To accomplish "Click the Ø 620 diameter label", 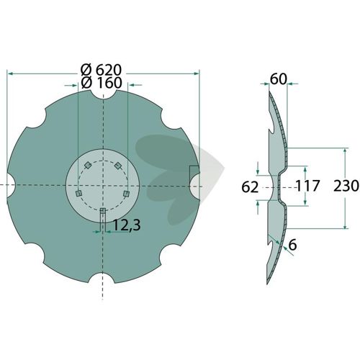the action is point(102,71).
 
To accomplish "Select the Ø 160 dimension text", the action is point(102,83).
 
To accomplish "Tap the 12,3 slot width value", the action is point(127,225).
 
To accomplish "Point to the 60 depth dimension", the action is point(279,79).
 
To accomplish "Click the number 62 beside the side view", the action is point(250,187).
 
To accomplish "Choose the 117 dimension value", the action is point(307,186).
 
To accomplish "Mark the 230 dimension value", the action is point(346,186).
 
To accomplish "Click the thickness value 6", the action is point(293,245).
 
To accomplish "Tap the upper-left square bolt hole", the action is point(87,165).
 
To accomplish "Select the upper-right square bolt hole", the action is point(118,165).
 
